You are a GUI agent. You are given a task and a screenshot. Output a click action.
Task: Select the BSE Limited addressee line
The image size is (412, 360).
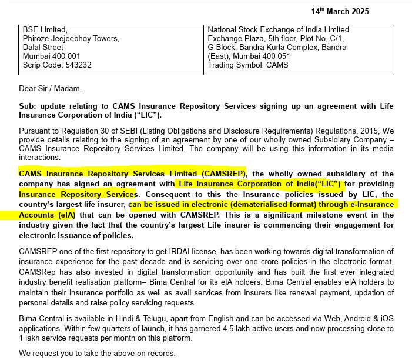[45, 29]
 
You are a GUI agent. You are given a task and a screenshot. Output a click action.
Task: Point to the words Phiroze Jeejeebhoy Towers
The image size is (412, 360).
[71, 38]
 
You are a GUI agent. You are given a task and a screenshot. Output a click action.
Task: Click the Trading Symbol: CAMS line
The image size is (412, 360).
[248, 65]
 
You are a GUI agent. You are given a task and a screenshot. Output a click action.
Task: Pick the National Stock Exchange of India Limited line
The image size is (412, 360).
[279, 29]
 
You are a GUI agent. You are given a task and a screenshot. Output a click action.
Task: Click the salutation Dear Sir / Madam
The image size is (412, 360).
[50, 89]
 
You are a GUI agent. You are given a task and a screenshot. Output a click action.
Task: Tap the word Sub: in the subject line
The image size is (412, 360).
[28, 106]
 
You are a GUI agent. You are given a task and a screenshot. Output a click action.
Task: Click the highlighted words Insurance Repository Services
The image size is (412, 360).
[78, 194]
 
